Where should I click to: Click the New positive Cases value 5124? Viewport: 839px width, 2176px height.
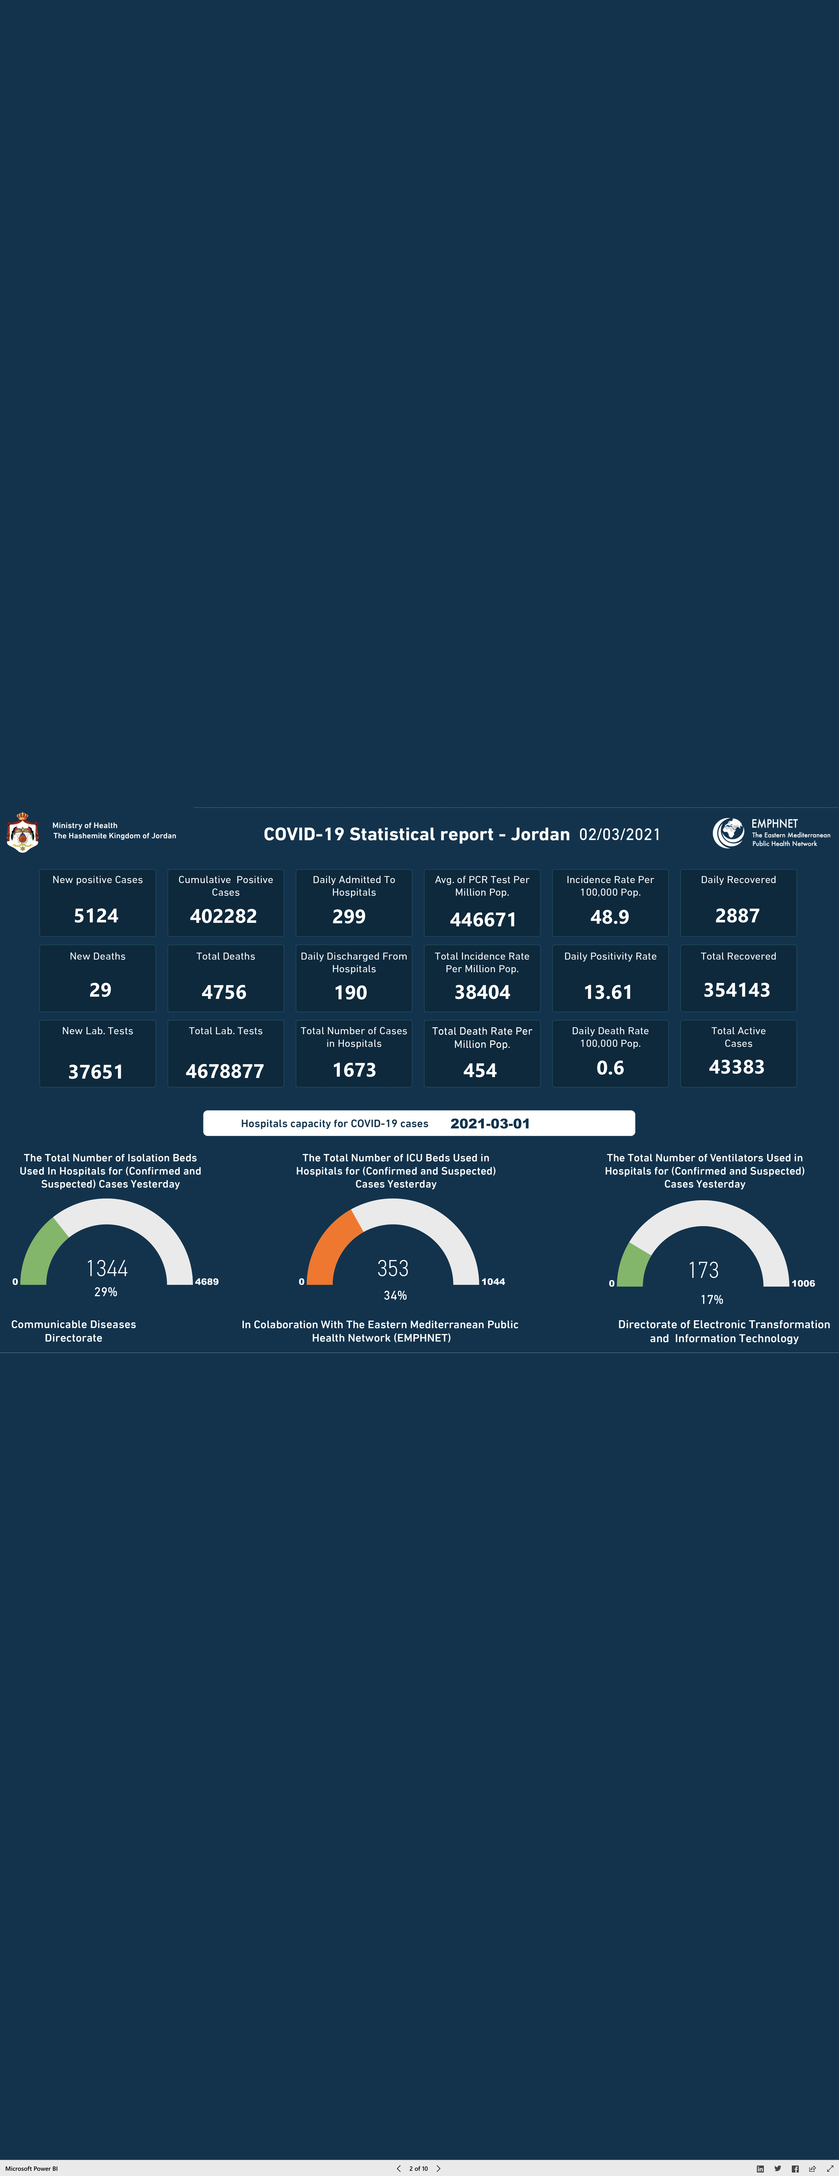pos(96,916)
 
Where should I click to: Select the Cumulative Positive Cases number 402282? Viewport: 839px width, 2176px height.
pos(223,916)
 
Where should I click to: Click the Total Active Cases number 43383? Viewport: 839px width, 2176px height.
pos(737,1067)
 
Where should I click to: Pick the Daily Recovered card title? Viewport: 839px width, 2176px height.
pos(738,879)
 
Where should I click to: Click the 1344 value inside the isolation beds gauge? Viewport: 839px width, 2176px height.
pos(107,1268)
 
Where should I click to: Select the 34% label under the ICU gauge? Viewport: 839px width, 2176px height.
pos(395,1295)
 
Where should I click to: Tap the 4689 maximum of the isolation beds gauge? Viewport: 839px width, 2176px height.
pos(207,1281)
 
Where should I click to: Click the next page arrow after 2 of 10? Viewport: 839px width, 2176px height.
pos(439,2168)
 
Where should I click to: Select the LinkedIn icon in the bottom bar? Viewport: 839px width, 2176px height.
pos(760,2168)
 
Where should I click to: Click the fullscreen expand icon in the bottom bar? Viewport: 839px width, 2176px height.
pos(830,2168)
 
